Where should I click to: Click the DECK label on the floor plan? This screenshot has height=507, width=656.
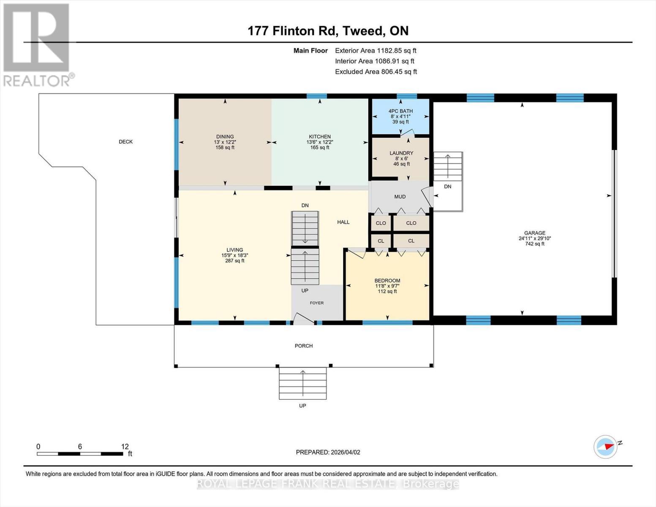125,142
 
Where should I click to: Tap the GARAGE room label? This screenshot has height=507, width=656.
534,233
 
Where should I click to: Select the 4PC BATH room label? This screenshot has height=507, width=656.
400,111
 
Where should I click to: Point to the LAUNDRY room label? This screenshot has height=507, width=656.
401,153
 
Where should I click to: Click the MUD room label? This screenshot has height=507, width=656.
400,196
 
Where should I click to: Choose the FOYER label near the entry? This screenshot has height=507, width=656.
316,303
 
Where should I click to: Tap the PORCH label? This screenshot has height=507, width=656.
303,346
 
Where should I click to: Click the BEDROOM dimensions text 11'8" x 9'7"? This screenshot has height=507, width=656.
387,286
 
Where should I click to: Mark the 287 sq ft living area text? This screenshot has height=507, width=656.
234,261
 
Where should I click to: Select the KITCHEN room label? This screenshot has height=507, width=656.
319,136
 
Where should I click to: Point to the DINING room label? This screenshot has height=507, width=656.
225,136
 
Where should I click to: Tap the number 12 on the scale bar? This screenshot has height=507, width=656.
125,447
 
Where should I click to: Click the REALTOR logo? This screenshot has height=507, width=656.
37,44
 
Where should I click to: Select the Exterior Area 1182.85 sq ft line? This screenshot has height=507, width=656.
376,50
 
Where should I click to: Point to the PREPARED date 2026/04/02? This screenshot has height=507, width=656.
328,452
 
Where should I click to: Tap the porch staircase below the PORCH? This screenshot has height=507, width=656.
302,383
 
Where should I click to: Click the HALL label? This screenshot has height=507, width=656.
343,222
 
